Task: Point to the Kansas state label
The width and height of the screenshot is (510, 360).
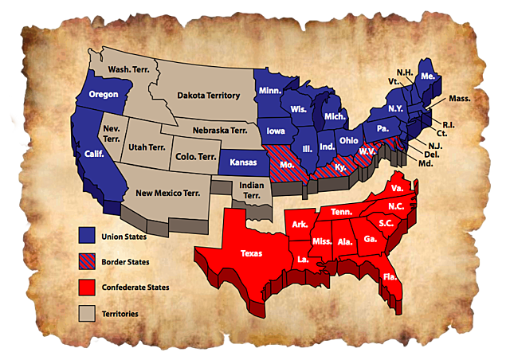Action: point(242,162)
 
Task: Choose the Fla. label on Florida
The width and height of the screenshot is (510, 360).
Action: point(390,277)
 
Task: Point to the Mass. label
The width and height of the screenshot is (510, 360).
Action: point(459,99)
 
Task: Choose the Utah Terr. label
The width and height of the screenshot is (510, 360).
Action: point(151,148)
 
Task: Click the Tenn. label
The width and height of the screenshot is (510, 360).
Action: point(341,212)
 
